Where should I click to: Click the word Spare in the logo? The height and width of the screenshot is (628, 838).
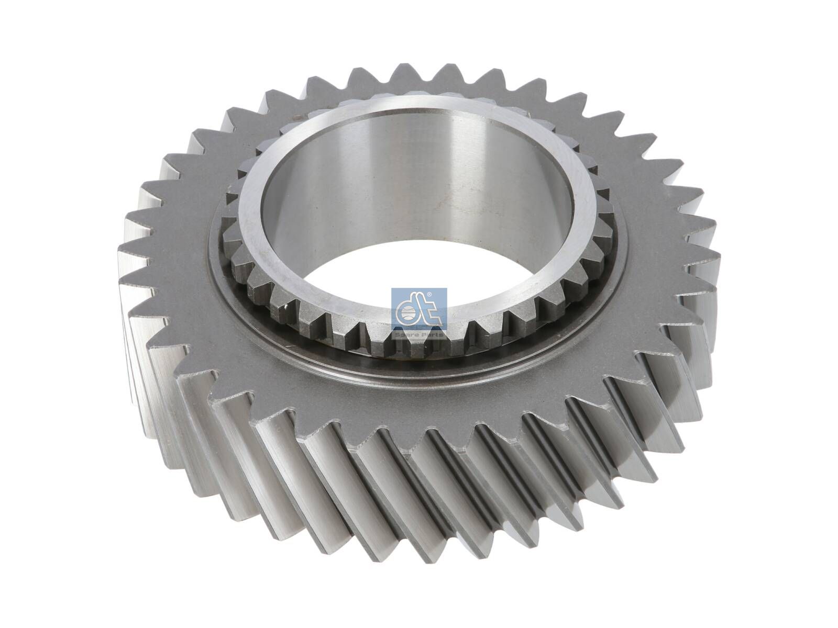[x=409, y=334]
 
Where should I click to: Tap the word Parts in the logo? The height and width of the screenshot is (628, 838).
[x=432, y=334]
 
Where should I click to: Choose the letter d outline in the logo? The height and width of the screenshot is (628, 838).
[x=409, y=311]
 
